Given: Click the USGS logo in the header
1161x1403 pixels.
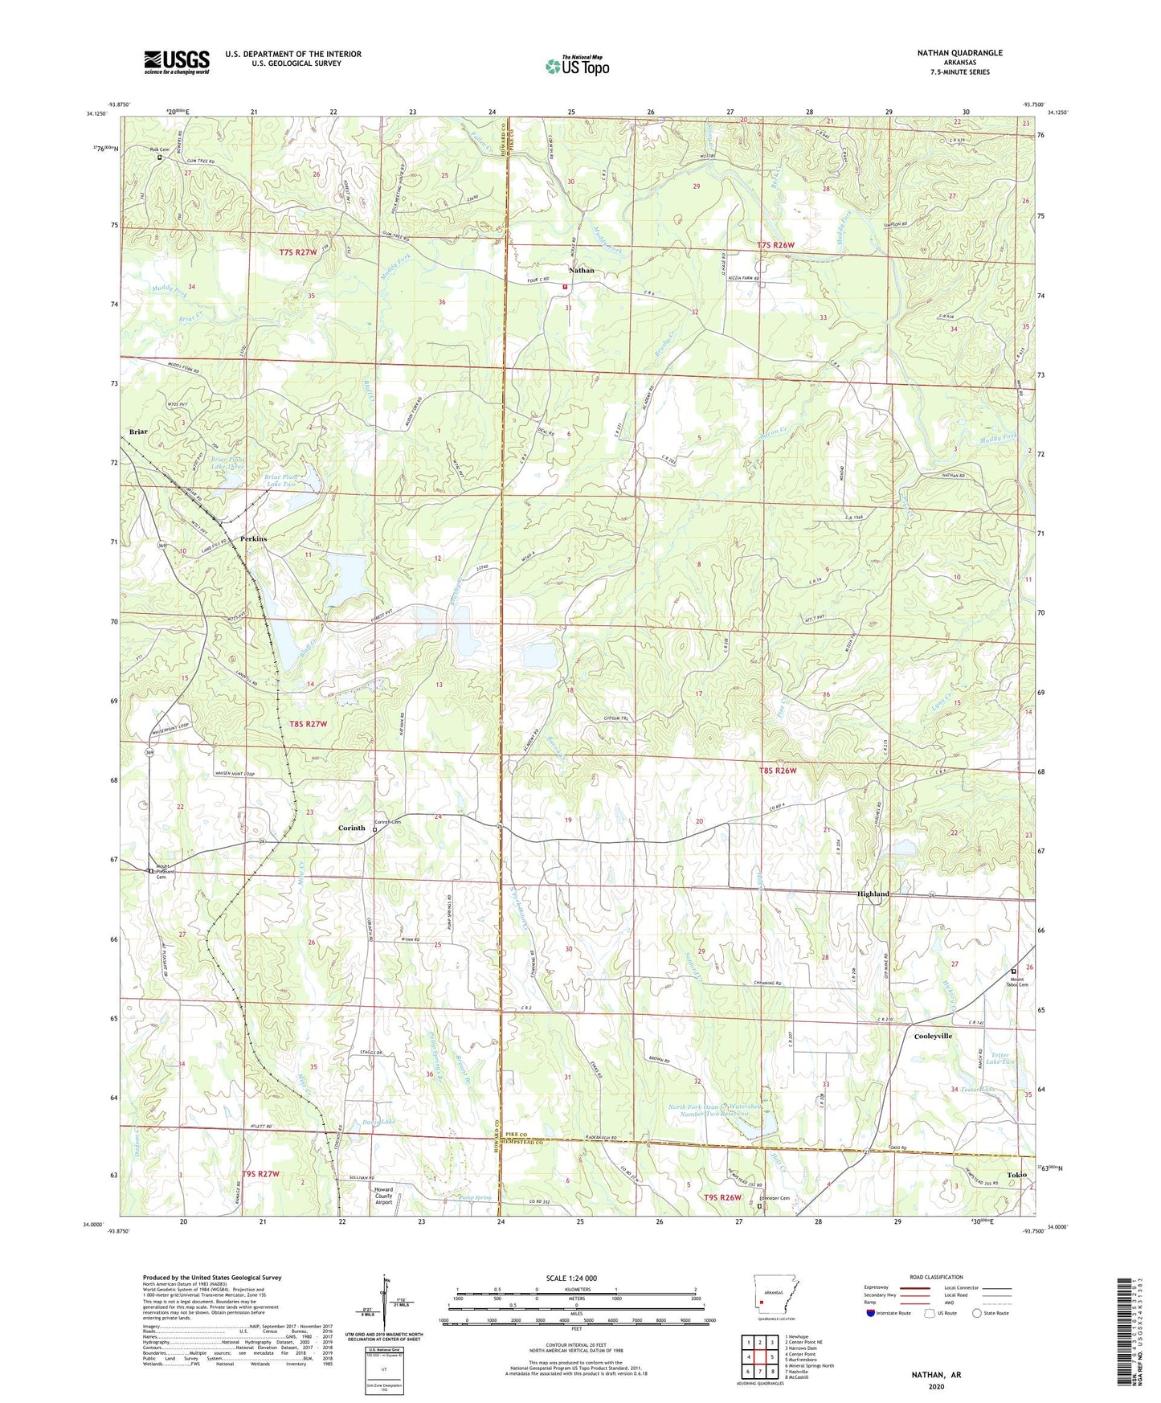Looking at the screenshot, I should (177, 62).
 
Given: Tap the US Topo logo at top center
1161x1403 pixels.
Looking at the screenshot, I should (577, 67).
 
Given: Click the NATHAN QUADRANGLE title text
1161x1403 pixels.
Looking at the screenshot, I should (959, 53).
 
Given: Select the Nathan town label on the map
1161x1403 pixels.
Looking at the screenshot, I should (582, 271).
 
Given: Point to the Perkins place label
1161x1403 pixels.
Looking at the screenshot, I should (253, 538).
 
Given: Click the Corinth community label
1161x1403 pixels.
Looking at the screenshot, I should (351, 828).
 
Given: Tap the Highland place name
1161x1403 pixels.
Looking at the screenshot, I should (873, 894).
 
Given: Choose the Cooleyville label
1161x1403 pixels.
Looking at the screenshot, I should (933, 1036).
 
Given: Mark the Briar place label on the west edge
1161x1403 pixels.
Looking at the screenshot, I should (138, 432).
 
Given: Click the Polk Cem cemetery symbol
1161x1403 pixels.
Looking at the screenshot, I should (159, 158).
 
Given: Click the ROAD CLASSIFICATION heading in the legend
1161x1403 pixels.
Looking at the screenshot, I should (935, 1277).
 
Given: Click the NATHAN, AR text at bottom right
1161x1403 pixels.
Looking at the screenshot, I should (936, 1375).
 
